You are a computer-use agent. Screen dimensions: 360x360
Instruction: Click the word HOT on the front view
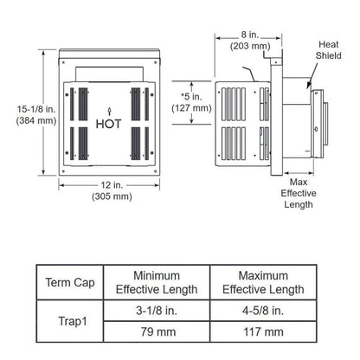[108, 124]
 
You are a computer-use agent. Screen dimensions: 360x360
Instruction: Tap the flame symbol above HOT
[108, 110]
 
